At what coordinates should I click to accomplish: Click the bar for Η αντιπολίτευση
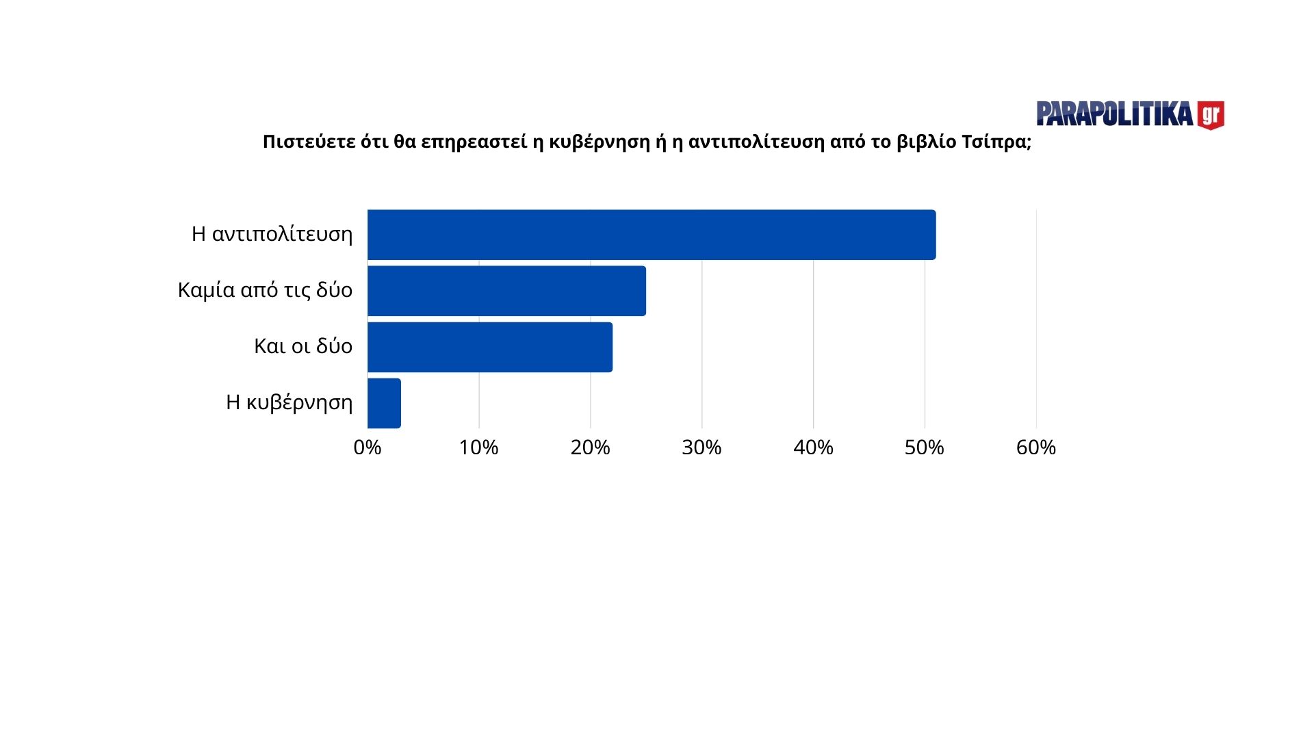tap(651, 235)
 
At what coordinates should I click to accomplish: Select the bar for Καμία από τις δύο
tap(506, 291)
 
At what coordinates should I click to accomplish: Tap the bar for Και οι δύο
tap(490, 347)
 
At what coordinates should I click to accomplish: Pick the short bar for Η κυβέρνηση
tap(384, 403)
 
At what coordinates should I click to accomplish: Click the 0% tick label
tap(368, 448)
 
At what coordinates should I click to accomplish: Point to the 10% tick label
tap(479, 448)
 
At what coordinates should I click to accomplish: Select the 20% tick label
tap(590, 448)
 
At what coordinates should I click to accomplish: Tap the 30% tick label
tap(701, 448)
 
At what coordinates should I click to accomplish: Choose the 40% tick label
tap(813, 448)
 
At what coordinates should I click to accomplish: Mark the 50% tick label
tap(925, 448)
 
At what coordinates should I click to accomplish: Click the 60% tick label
tap(1036, 448)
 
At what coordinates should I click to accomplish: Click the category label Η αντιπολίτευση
tap(272, 234)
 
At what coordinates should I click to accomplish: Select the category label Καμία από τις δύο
tap(266, 290)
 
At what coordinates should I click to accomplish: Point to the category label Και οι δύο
tap(303, 346)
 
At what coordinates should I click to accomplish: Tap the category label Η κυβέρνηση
tap(289, 402)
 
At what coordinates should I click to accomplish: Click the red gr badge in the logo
tap(1211, 115)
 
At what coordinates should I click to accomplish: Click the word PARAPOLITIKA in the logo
tap(1115, 114)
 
